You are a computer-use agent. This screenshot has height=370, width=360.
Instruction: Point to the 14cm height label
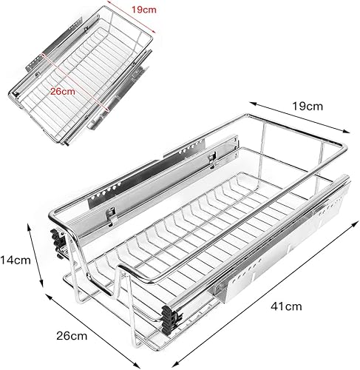coord(16,260)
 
